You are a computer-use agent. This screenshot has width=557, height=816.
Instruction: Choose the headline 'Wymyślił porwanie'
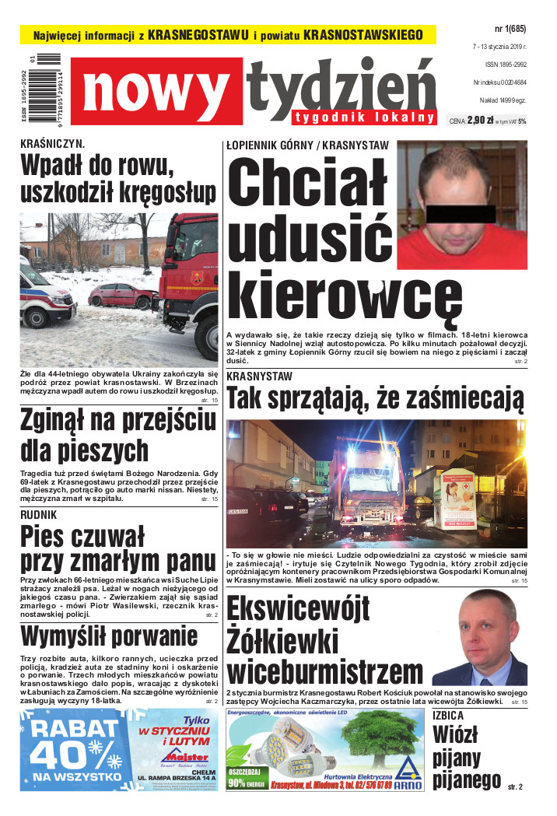[x=109, y=637]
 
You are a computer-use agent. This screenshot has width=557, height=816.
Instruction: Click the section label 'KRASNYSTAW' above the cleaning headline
[x=259, y=376]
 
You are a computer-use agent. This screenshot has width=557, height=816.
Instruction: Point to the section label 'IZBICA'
[x=448, y=715]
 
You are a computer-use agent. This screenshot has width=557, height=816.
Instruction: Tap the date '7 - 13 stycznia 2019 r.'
[x=499, y=47]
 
